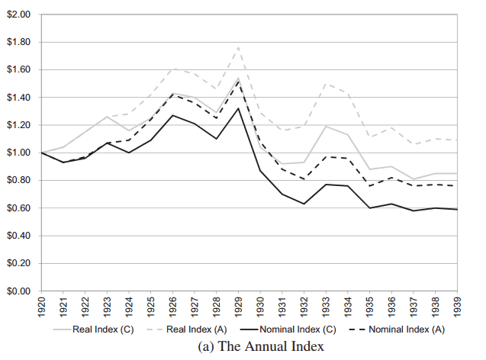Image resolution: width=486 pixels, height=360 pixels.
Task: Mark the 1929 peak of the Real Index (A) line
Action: coord(238,47)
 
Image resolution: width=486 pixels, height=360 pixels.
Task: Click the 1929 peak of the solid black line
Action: coord(238,108)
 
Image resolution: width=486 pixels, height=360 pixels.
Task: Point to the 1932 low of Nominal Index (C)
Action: coord(304,204)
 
